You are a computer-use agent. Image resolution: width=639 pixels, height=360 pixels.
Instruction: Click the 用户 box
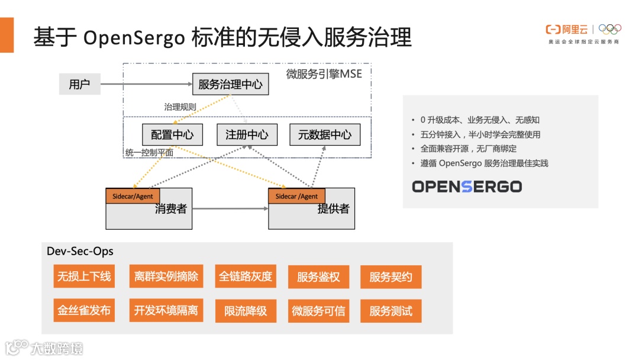pyautogui.click(x=79, y=84)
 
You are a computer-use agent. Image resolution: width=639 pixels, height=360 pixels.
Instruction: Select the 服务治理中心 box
pyautogui.click(x=230, y=84)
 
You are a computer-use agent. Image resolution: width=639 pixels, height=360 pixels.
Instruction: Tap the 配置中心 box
pyautogui.click(x=172, y=134)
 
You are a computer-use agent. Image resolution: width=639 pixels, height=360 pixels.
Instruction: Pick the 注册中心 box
pyautogui.click(x=247, y=134)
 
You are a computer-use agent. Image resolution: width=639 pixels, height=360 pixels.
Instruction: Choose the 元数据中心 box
pyautogui.click(x=324, y=134)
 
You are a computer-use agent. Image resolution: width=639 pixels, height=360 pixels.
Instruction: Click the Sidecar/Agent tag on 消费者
pyautogui.click(x=133, y=196)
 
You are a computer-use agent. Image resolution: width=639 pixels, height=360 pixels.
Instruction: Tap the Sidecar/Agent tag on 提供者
pyautogui.click(x=296, y=196)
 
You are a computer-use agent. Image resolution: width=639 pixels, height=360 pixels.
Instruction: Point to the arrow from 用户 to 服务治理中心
pyautogui.click(x=146, y=84)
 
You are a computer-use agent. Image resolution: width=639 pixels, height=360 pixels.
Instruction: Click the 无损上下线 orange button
pyautogui.click(x=83, y=277)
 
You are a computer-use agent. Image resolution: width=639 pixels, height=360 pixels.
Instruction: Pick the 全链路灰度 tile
pyautogui.click(x=246, y=277)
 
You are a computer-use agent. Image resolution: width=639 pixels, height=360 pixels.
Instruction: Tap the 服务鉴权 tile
pyautogui.click(x=318, y=277)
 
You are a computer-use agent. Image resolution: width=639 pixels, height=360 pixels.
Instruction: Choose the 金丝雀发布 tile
pyautogui.click(x=83, y=311)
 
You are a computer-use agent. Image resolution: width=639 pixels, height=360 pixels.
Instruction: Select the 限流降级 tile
pyautogui.click(x=246, y=311)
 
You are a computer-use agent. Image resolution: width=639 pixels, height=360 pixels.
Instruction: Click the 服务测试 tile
pyautogui.click(x=390, y=311)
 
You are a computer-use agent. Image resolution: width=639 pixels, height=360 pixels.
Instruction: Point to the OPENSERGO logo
pyautogui.click(x=467, y=187)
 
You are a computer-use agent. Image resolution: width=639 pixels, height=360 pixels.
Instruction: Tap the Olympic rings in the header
pyautogui.click(x=610, y=29)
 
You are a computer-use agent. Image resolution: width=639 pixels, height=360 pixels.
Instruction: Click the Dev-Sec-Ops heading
pyautogui.click(x=80, y=251)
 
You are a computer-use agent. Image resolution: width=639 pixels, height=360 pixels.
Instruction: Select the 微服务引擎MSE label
pyautogui.click(x=324, y=74)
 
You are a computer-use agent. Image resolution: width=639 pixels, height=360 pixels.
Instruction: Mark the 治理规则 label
pyautogui.click(x=180, y=107)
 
